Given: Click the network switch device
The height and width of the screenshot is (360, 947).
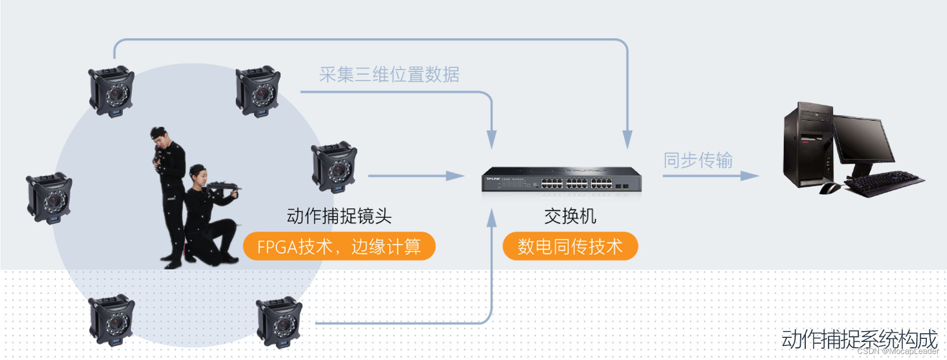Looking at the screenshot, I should pyautogui.click(x=561, y=180).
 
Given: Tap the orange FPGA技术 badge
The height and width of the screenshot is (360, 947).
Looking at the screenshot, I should pyautogui.click(x=339, y=247).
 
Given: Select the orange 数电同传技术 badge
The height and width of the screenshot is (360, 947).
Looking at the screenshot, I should pyautogui.click(x=570, y=247).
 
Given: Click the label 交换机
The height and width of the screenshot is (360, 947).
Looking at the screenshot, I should pyautogui.click(x=570, y=216).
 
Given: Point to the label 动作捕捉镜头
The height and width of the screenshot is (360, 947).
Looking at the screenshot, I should pyautogui.click(x=339, y=216).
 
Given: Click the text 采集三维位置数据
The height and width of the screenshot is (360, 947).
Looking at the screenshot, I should pyautogui.click(x=389, y=75).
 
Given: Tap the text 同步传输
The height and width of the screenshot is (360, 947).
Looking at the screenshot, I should pyautogui.click(x=697, y=160).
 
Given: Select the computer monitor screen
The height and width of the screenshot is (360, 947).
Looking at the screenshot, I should pyautogui.click(x=862, y=139).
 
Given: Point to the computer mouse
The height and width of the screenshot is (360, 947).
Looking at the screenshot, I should pyautogui.click(x=829, y=189).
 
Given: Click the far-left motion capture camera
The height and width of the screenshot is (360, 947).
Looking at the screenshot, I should pyautogui.click(x=49, y=198).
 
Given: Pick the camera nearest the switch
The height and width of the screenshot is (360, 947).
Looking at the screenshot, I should pyautogui.click(x=334, y=166).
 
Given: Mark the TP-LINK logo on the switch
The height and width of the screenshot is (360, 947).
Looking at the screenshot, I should pyautogui.click(x=493, y=179).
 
